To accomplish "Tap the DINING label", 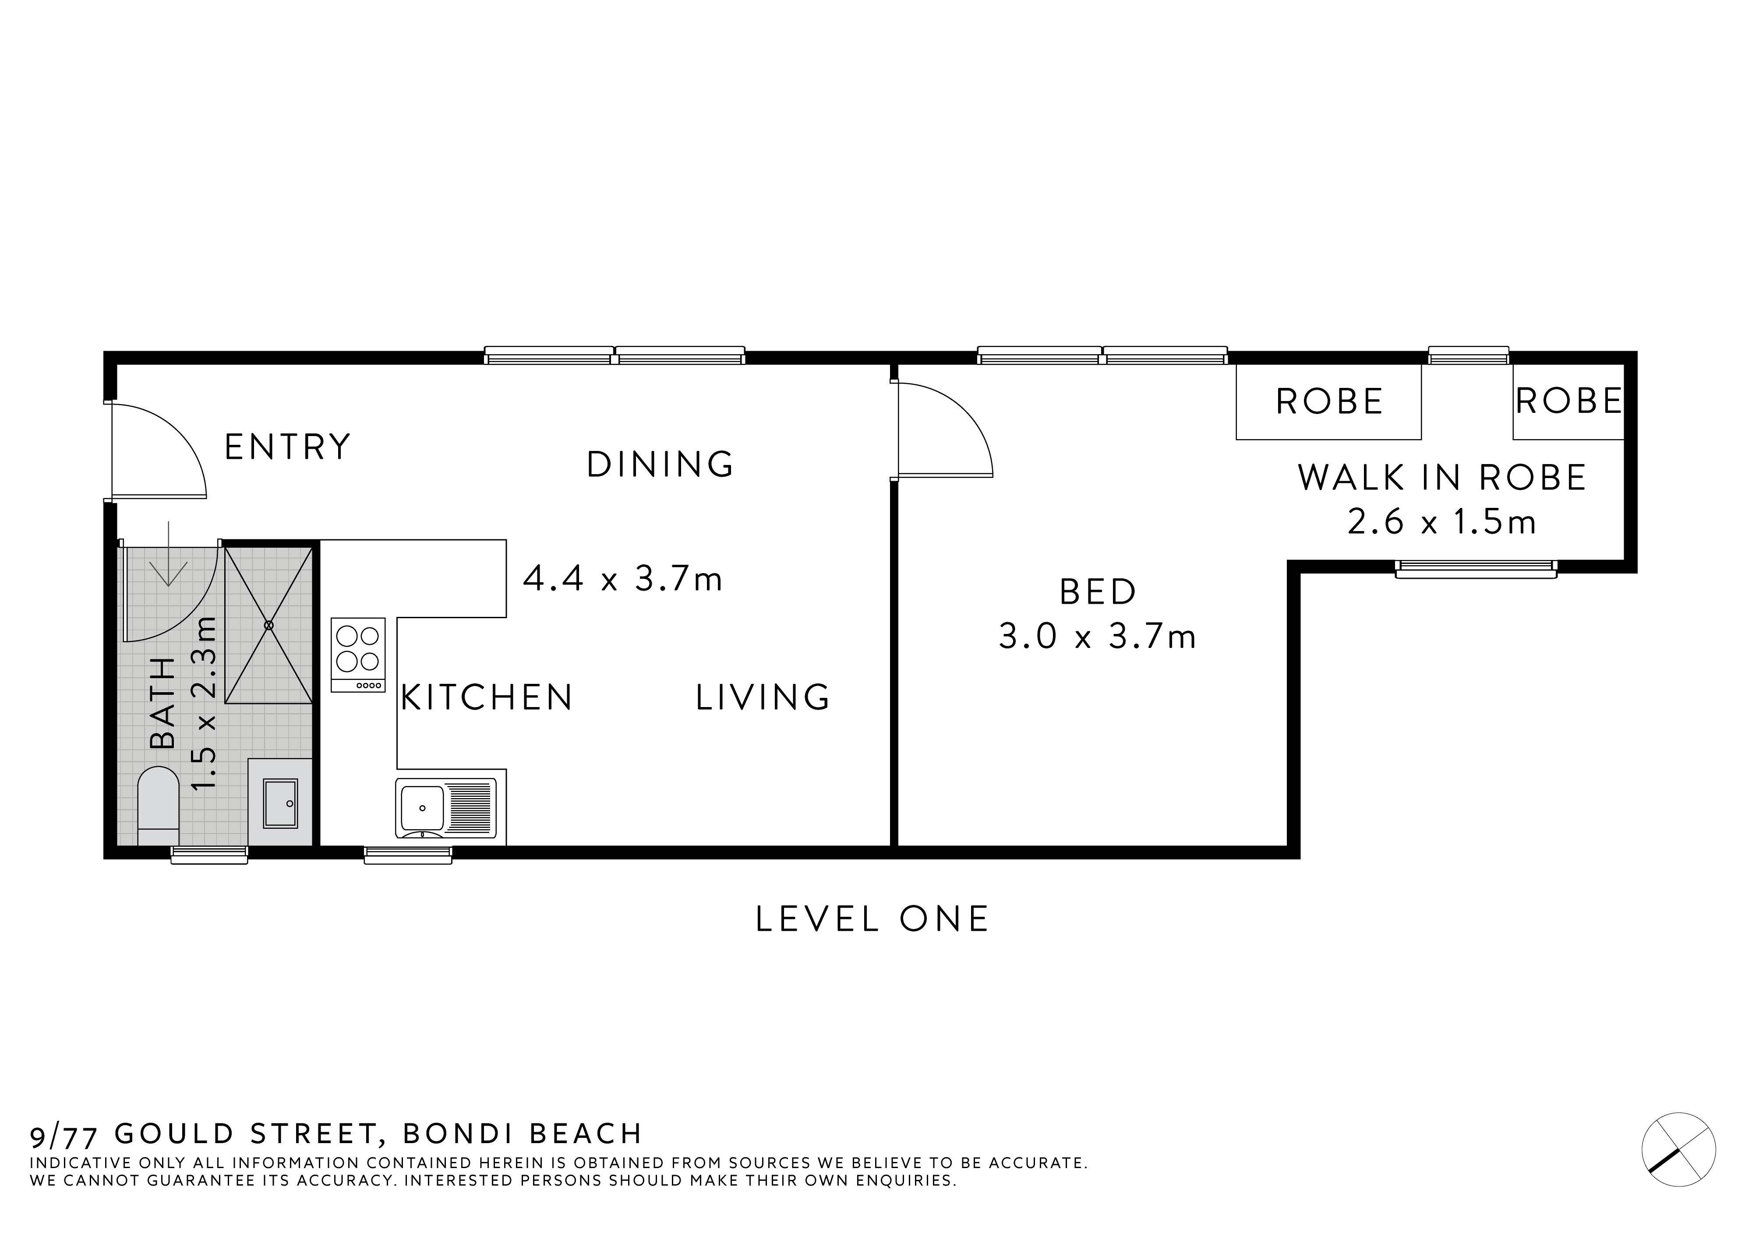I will tap(660, 465).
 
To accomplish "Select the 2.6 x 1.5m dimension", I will tap(1441, 523).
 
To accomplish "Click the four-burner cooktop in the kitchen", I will tap(358, 655).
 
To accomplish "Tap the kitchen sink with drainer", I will tap(445, 807).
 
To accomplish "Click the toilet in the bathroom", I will tap(158, 805).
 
